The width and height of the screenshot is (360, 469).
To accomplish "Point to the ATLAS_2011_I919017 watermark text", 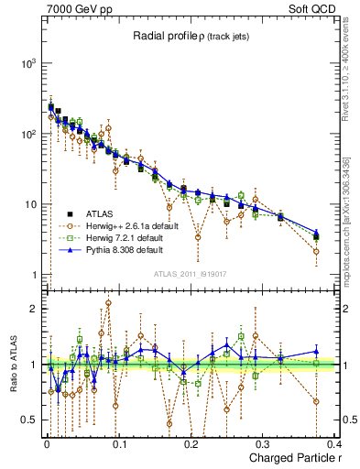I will pyautogui.click(x=191, y=274).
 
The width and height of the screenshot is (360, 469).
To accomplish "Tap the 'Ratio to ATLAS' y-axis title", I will pyautogui.click(x=12, y=365).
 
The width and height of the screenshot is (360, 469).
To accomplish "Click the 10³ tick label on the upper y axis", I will pyautogui.click(x=27, y=63).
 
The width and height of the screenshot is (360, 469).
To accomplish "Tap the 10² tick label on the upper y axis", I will pyautogui.click(x=27, y=134).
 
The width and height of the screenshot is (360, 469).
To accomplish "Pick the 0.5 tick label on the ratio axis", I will pyautogui.click(x=27, y=420).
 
